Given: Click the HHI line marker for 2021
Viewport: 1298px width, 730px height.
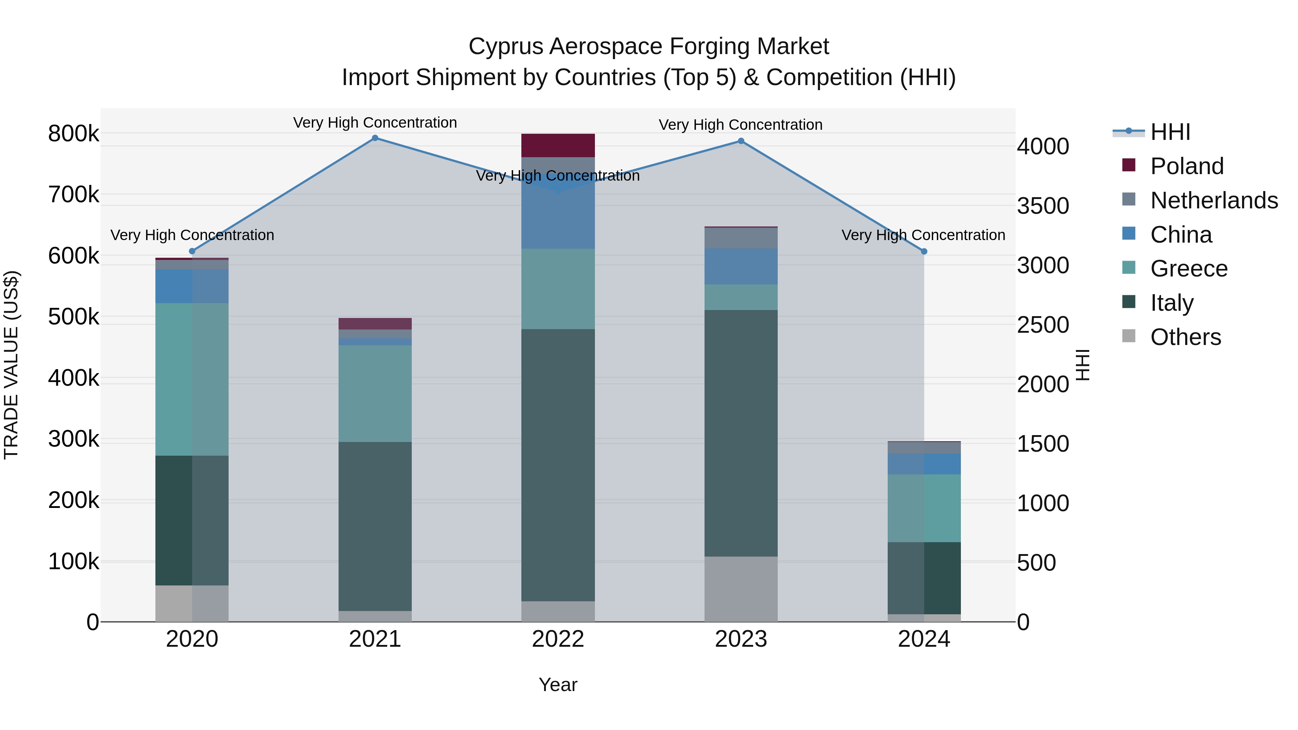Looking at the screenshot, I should [x=375, y=138].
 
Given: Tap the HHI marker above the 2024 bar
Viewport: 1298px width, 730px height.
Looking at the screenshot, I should [x=924, y=251].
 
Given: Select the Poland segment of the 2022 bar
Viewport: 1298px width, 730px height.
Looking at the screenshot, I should [x=558, y=146].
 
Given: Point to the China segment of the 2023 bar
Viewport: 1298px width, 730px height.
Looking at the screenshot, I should [x=741, y=266].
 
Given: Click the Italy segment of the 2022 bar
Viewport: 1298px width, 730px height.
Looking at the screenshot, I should [x=558, y=465].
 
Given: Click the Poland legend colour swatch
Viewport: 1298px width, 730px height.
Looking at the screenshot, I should [x=1129, y=165].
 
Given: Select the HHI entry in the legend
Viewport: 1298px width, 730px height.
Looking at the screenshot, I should [x=1170, y=132].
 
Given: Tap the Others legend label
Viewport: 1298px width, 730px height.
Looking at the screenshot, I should [x=1186, y=337].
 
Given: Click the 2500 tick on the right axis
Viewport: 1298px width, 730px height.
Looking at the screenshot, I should [x=1042, y=325].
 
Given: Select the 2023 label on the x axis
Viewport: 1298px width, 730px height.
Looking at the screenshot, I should [x=741, y=639].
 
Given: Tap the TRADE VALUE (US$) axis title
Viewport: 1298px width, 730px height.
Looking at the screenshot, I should [x=12, y=365].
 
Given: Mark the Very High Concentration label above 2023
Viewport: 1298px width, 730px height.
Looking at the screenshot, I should [x=740, y=125].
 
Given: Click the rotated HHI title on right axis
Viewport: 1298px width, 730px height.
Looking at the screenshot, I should [x=1083, y=365].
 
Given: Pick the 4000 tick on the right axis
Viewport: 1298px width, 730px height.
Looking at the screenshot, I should [x=1042, y=147].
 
